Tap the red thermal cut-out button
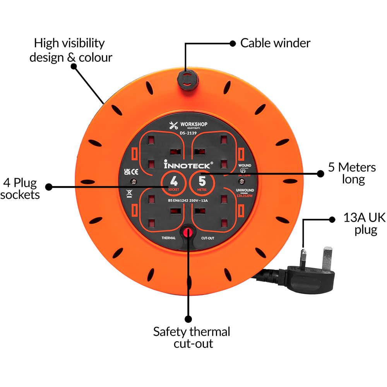click(188, 232)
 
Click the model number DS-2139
click(188, 133)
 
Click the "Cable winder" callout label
click(275, 43)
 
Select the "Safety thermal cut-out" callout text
click(192, 337)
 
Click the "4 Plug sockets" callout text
click(21, 188)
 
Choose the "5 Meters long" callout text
click(351, 173)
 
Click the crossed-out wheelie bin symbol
click(129, 193)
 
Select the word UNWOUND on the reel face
click(245, 190)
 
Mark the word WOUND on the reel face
click(245, 166)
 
